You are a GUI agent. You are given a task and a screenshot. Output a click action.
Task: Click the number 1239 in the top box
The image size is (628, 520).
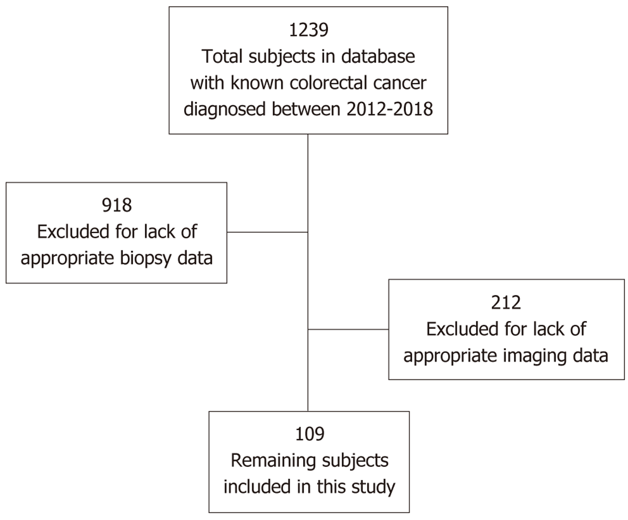308,30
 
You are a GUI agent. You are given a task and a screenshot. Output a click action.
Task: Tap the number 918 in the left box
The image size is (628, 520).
117,206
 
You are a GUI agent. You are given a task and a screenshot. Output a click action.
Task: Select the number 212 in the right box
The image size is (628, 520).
506,303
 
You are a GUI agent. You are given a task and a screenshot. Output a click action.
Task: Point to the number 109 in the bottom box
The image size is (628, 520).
309,434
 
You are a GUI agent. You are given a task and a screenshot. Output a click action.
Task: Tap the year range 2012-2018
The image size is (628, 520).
390,109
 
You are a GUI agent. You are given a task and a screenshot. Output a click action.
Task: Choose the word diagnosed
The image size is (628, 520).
225,109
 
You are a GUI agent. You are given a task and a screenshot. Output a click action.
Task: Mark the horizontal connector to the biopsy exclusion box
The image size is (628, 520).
267,232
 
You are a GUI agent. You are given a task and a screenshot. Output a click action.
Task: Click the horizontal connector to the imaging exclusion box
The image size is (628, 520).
348,329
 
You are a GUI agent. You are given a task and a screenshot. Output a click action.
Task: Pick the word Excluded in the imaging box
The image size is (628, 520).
463,329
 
